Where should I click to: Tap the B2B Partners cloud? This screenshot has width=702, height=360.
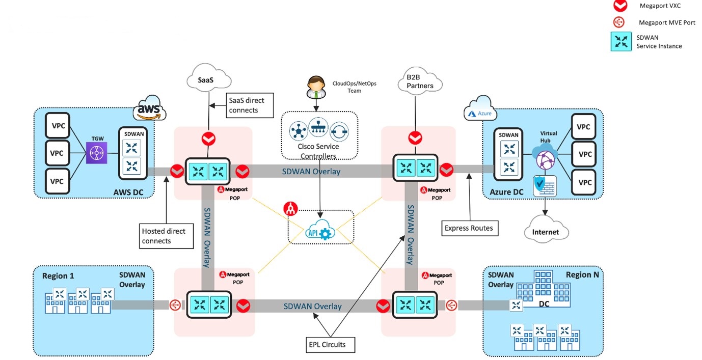pyautogui.click(x=420, y=81)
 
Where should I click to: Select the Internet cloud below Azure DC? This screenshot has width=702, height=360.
pyautogui.click(x=546, y=232)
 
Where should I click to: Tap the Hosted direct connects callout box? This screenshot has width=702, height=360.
pyautogui.click(x=167, y=236)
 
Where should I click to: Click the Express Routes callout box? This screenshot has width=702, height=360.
pyautogui.click(x=469, y=228)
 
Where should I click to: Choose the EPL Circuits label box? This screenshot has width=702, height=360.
pyautogui.click(x=327, y=345)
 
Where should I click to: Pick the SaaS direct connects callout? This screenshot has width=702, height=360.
pyautogui.click(x=250, y=105)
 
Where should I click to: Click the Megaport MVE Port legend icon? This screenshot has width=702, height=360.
pyautogui.click(x=618, y=22)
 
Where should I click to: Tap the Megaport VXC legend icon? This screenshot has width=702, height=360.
pyautogui.click(x=618, y=6)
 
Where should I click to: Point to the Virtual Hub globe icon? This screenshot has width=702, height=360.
pyautogui.click(x=545, y=158)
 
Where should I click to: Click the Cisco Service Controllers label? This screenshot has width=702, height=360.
pyautogui.click(x=318, y=151)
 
